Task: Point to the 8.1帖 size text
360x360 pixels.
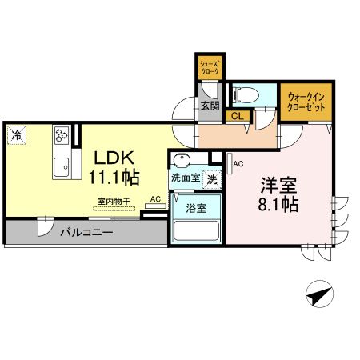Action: tap(278, 204)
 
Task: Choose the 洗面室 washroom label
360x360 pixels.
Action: tap(185, 178)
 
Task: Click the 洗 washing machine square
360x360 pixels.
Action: tap(212, 179)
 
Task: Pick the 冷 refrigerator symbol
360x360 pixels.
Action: tap(16, 136)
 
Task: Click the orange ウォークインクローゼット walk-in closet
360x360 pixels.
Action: tap(305, 102)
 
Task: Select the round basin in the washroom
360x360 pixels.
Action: tap(182, 159)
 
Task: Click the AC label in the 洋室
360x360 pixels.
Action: tap(237, 164)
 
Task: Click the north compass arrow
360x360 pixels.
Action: tap(320, 295)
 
